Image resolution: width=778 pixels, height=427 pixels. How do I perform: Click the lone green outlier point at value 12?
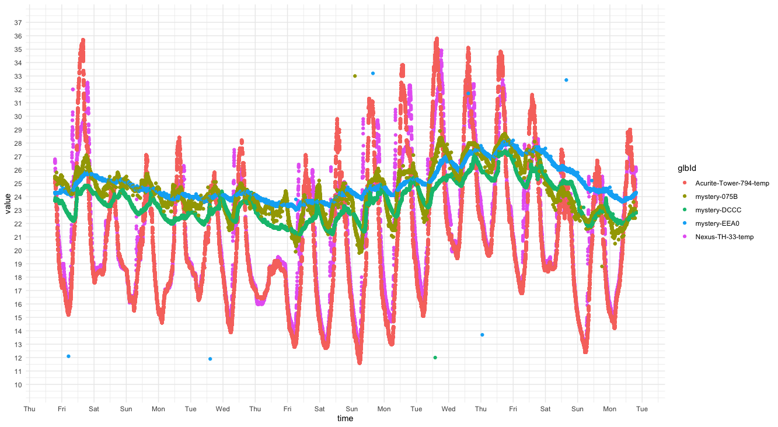[435, 358]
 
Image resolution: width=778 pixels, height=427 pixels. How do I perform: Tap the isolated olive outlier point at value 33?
[355, 76]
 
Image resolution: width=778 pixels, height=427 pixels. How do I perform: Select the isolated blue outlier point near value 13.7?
[482, 335]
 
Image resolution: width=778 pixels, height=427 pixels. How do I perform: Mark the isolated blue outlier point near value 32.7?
[566, 80]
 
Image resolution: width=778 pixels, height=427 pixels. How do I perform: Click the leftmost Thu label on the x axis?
[29, 409]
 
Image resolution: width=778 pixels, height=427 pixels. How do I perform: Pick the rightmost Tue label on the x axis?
[641, 409]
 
